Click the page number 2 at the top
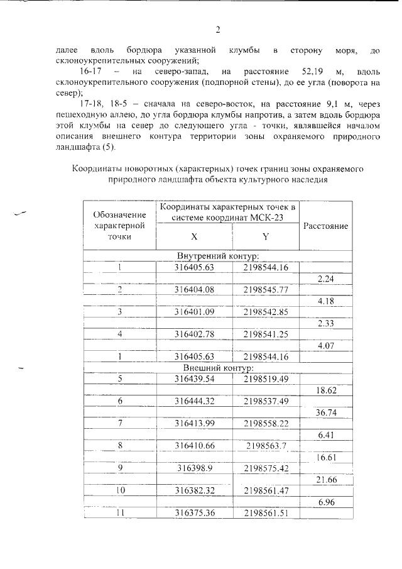click(218, 30)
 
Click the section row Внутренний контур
click(218, 257)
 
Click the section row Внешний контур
click(218, 367)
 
